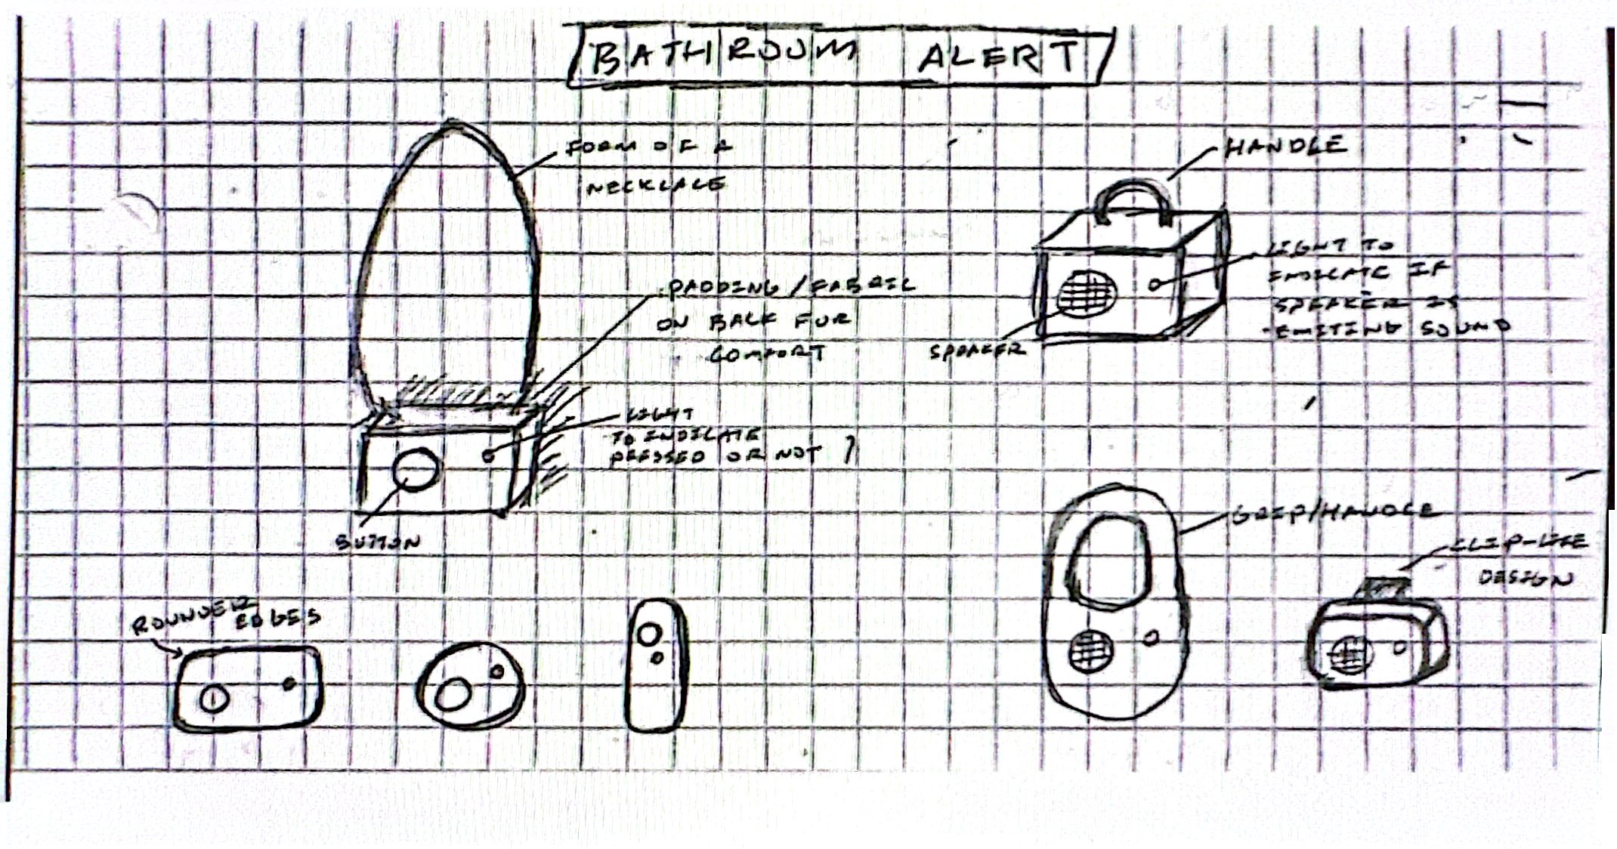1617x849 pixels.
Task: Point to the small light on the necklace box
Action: (489, 455)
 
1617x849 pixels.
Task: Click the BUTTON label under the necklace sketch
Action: (378, 542)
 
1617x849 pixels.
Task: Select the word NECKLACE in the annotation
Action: (656, 186)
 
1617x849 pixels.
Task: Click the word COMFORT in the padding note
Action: (765, 353)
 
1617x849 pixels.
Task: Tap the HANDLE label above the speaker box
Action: (1285, 146)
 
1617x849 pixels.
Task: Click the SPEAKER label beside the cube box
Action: (977, 350)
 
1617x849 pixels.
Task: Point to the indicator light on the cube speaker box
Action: (1156, 285)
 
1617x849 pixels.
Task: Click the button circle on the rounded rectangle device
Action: (214, 699)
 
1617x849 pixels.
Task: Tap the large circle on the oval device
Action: (452, 694)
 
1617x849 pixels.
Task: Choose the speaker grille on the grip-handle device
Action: (1089, 650)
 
